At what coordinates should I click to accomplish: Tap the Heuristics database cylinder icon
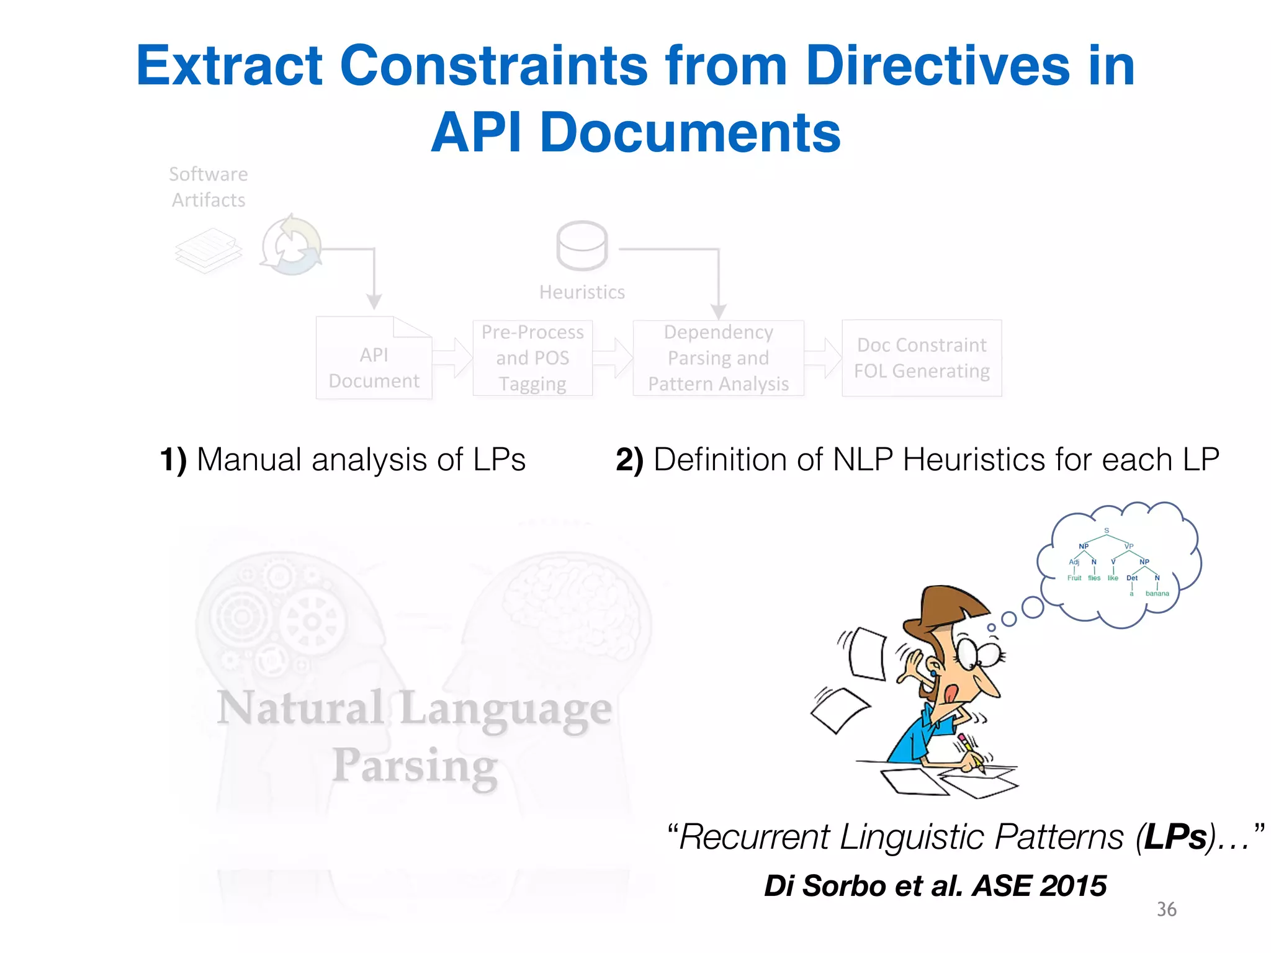(582, 246)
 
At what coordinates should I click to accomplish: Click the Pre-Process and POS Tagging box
(532, 358)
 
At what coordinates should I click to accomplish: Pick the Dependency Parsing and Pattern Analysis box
(718, 358)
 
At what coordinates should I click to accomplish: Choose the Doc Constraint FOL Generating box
(922, 358)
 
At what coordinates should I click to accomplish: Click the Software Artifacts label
(209, 187)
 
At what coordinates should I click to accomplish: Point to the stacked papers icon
(208, 250)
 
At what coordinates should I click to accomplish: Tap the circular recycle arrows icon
(290, 246)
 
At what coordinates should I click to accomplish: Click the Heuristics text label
(582, 292)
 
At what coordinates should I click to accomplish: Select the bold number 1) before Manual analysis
(173, 460)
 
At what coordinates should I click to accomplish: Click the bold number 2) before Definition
(629, 460)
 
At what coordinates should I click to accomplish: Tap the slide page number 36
(1166, 909)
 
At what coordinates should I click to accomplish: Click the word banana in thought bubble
(1157, 594)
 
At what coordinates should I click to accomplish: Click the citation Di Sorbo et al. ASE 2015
(935, 885)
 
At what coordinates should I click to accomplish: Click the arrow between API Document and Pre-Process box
(452, 358)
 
